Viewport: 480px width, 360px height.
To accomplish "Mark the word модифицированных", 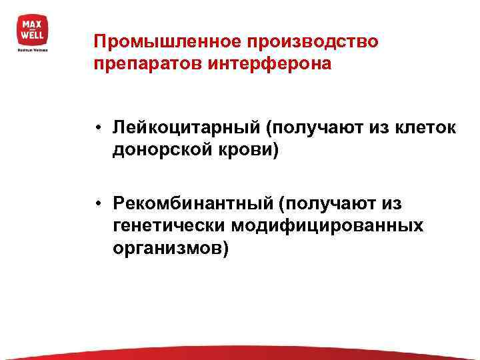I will coord(327,225).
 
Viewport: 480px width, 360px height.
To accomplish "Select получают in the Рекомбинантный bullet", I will coord(325,202).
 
